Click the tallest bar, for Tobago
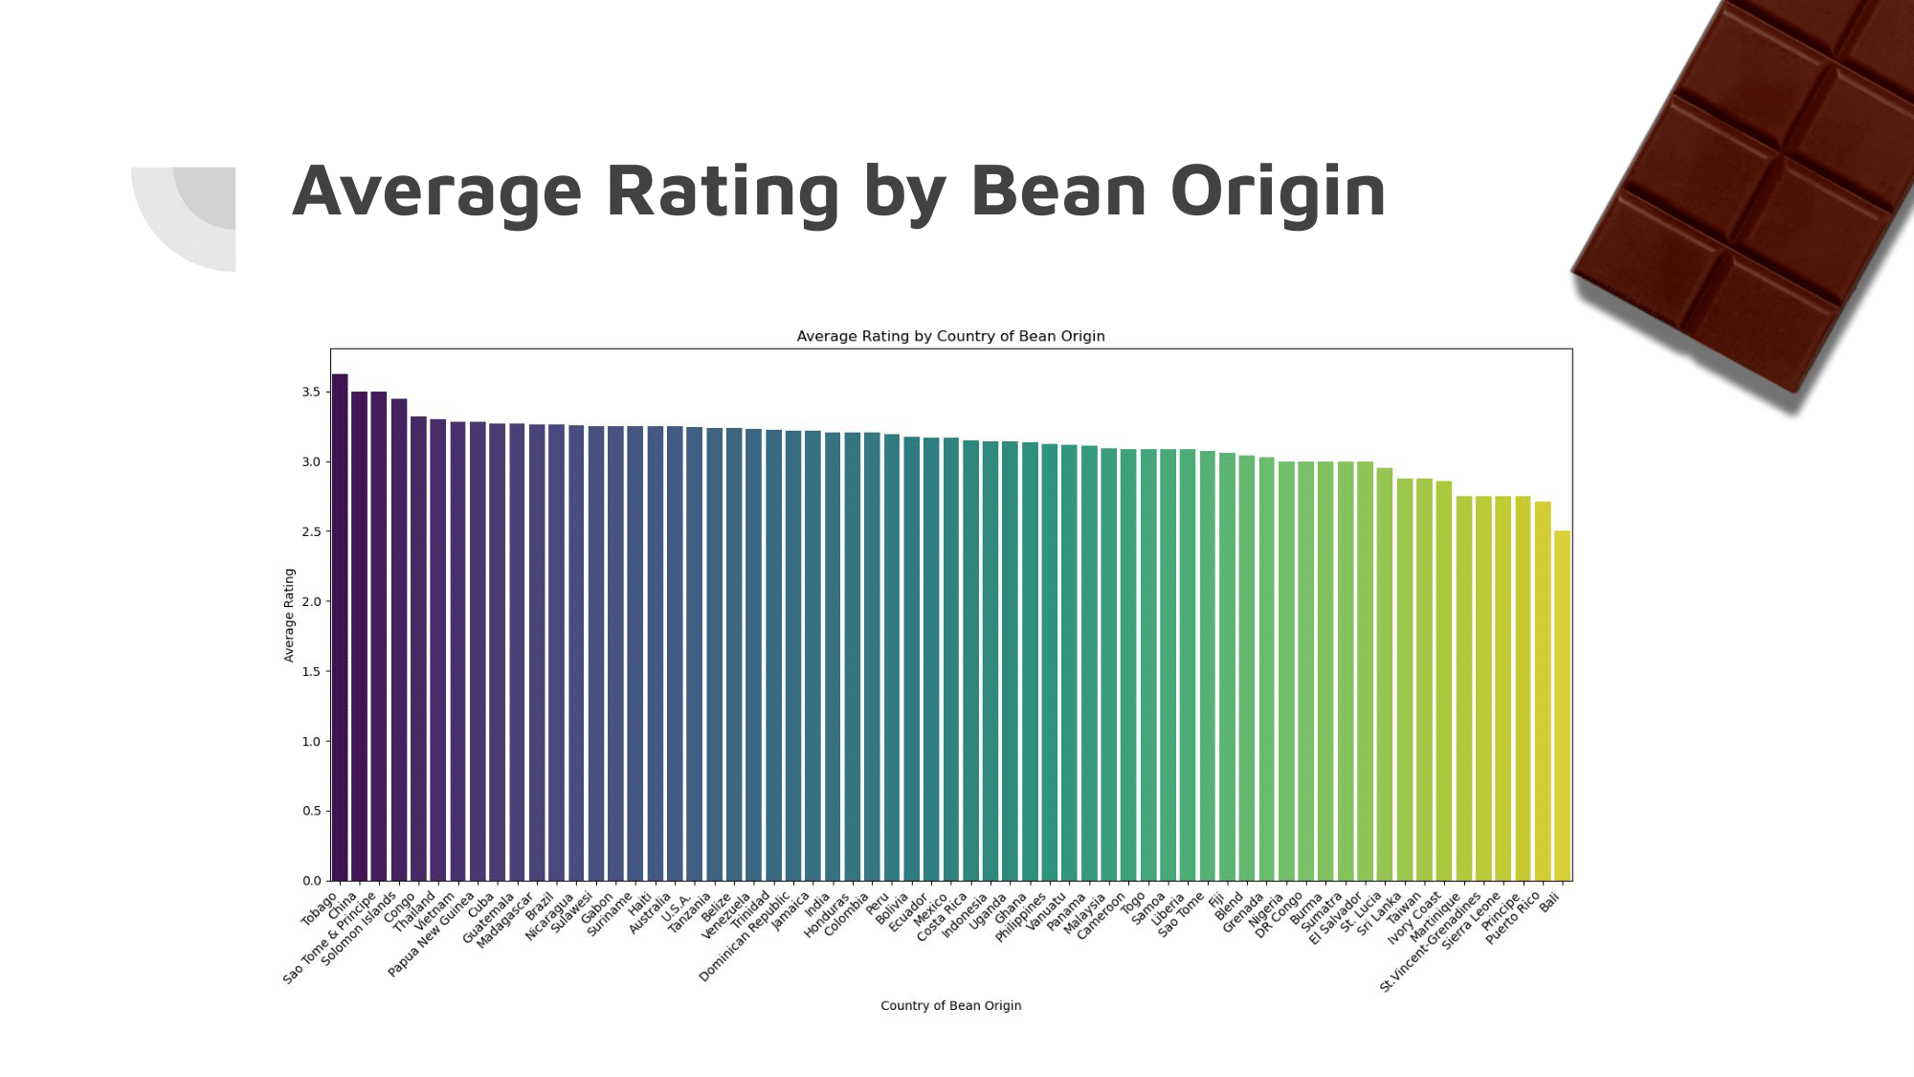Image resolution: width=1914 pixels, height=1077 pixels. point(340,627)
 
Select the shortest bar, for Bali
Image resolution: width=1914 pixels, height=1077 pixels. point(1562,706)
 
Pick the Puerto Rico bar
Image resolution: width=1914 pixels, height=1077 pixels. point(1543,690)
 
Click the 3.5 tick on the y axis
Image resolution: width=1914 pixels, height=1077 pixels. point(311,392)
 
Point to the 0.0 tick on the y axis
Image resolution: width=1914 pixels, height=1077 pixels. point(311,881)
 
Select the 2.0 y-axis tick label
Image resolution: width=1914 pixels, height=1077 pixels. point(311,601)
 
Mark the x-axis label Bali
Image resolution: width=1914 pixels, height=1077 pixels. point(1549,902)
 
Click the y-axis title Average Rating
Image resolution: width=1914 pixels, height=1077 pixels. point(289,615)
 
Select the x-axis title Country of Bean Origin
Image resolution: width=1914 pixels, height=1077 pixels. point(950,1005)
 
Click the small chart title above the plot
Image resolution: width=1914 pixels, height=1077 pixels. point(950,336)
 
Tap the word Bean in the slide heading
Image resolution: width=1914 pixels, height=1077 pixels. point(1057,191)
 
